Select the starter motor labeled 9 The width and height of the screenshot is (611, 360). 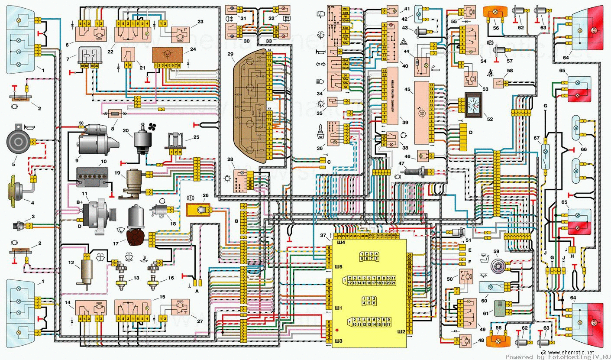coord(93,139)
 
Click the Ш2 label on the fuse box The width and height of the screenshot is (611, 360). coord(401,332)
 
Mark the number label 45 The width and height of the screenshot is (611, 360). coord(407,90)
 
